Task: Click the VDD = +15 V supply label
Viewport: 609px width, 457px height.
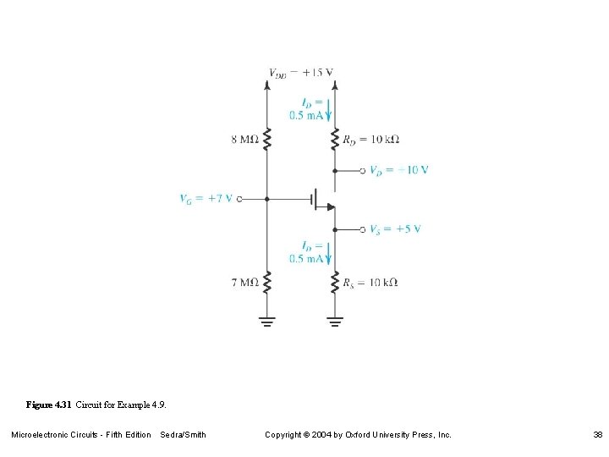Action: point(300,72)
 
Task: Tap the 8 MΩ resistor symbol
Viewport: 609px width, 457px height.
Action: point(267,139)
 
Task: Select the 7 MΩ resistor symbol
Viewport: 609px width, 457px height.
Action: point(267,282)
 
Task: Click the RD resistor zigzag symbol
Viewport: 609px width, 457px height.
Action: point(335,139)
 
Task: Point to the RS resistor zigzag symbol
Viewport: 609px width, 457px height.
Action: point(335,282)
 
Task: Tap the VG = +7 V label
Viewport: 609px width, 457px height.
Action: point(206,199)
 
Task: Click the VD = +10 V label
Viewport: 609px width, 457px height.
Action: point(398,169)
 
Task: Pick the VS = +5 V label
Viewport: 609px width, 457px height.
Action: point(395,228)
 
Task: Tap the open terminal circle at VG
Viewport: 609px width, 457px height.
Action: point(239,200)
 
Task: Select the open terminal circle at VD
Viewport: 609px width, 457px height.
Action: point(363,169)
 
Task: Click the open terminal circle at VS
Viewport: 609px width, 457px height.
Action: point(363,228)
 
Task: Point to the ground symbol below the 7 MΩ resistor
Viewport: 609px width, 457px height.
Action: point(267,322)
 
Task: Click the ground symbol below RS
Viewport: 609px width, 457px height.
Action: point(335,322)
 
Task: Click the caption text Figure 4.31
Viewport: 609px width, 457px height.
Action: point(49,405)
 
